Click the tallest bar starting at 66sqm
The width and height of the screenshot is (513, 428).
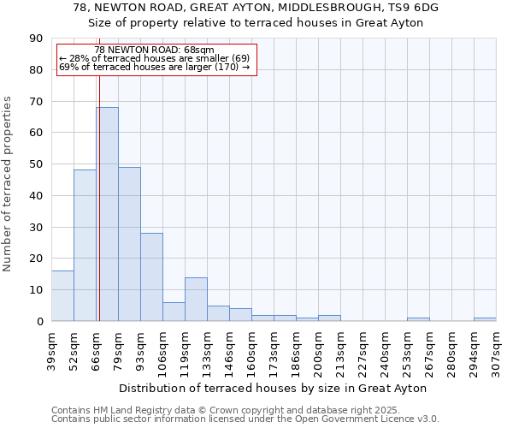tap(107, 214)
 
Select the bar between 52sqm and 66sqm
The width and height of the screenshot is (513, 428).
tap(85, 246)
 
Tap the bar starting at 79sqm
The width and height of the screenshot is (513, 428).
tap(129, 244)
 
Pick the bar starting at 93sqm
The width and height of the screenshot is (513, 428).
tap(151, 276)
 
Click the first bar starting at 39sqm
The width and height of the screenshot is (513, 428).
tap(62, 296)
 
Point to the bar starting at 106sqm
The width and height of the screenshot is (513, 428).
tap(174, 312)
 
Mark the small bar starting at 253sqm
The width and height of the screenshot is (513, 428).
tap(418, 319)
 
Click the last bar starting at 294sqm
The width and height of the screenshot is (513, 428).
tap(485, 319)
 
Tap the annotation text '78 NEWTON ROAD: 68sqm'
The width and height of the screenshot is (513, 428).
tap(155, 51)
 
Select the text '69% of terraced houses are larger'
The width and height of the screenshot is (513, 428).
tap(136, 67)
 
